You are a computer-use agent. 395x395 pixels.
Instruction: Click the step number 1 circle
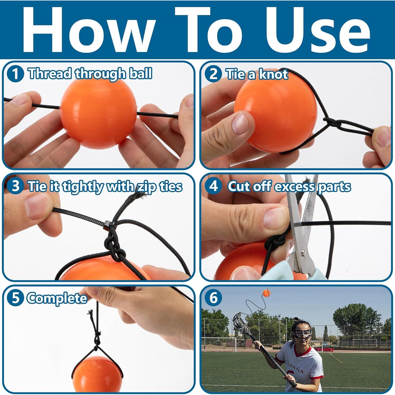(16, 74)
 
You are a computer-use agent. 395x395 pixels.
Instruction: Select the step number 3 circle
(16, 186)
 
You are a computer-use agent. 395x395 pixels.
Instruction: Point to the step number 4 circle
(213, 186)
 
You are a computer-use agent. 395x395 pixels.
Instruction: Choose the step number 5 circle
(16, 298)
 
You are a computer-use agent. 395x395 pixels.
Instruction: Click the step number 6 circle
(213, 298)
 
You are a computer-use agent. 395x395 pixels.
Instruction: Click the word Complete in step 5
(57, 298)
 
